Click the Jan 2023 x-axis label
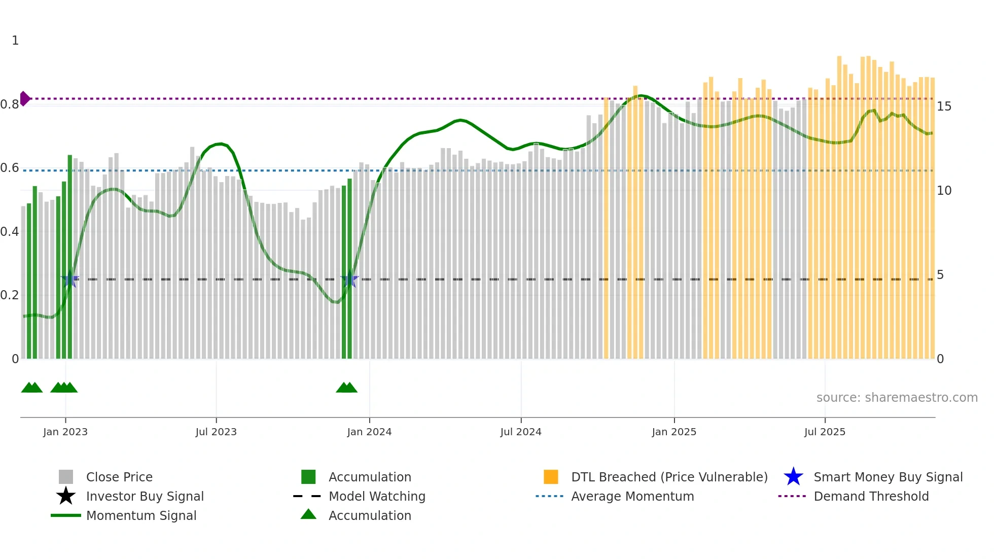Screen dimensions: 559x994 (65, 432)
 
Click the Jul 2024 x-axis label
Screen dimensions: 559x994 (520, 432)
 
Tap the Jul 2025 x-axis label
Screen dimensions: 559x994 (825, 432)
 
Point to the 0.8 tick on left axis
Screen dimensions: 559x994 (10, 104)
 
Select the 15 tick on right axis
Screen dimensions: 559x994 (944, 107)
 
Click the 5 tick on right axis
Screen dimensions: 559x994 (940, 275)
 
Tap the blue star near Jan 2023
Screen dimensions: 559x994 (70, 279)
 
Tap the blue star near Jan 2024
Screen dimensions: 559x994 (349, 279)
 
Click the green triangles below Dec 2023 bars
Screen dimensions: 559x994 (347, 388)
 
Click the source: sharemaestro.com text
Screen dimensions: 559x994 (897, 398)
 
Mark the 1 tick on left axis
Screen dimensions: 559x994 (15, 41)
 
